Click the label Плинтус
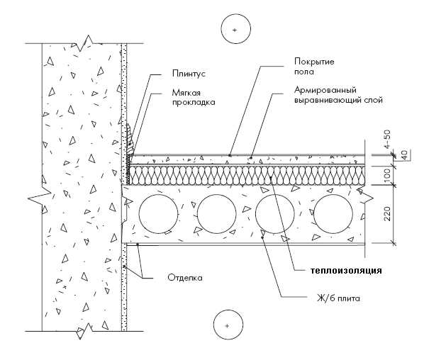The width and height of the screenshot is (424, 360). [x=189, y=74]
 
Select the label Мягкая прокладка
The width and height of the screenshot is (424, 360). [x=194, y=98]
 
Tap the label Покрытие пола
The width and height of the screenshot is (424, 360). [x=314, y=66]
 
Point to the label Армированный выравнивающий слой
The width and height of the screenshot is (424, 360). [x=338, y=95]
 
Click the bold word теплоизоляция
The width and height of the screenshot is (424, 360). [x=347, y=271]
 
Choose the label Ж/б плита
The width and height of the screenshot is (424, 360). [x=338, y=298]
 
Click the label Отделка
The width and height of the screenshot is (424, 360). [x=185, y=278]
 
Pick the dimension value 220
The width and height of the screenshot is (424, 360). [x=387, y=213]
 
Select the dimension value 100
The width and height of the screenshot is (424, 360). [x=387, y=175]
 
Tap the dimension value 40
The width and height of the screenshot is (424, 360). [x=404, y=155]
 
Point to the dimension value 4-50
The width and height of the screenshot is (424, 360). [x=387, y=139]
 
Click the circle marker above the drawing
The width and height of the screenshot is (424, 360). [x=236, y=29]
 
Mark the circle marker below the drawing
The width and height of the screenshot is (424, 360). [x=228, y=325]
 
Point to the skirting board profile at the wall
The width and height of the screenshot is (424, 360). [x=130, y=140]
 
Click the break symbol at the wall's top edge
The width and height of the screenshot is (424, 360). [x=84, y=43]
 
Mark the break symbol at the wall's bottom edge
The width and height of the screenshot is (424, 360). [x=84, y=331]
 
